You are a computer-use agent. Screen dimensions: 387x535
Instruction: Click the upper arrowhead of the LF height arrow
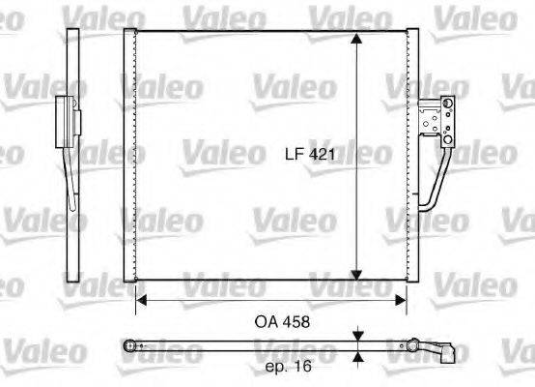pos(357,39)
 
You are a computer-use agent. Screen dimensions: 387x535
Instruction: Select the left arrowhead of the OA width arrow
pos(142,300)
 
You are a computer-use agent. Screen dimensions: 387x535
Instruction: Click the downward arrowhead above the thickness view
pos(357,335)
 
